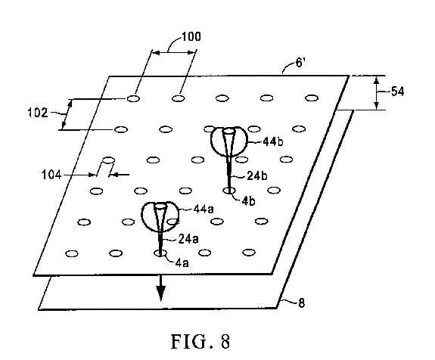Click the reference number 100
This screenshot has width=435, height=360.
pos(191,36)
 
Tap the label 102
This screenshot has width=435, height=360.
pos(38,113)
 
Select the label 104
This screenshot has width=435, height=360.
pos(51,175)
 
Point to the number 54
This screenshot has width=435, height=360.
pos(397,92)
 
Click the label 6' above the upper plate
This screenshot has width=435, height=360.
pos(300,63)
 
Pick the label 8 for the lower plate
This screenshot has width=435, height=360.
pos(302,303)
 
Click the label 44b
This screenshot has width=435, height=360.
pos(273,142)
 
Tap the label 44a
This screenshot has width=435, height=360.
pos(204,209)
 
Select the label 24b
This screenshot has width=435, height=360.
pos(257,175)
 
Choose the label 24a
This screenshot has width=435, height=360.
pos(188,239)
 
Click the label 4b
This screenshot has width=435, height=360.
pos(248,202)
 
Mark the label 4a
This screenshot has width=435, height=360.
pos(182,262)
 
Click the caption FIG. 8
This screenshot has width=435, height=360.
pos(200,341)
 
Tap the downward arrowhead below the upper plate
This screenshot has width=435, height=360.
pos(160,293)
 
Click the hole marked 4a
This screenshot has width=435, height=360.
pos(160,253)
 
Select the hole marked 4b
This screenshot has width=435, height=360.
pos(229,191)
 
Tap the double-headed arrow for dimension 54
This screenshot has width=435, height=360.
pos(376,92)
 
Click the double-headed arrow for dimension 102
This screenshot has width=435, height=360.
pos(67,115)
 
